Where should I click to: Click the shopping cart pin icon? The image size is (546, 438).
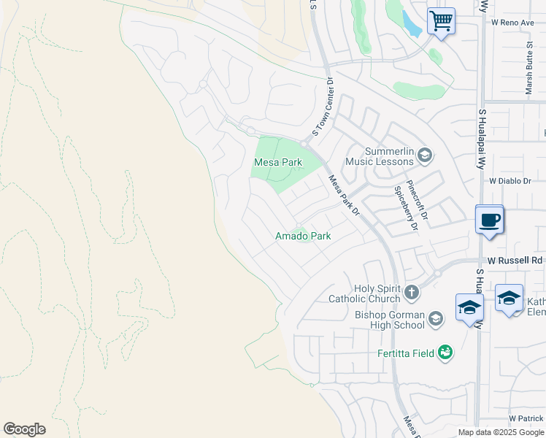(441, 20)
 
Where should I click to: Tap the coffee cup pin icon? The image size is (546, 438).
(489, 219)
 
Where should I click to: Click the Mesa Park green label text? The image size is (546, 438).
(278, 162)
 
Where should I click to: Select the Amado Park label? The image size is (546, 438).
(303, 236)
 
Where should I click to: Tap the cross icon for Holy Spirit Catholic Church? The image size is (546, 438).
(412, 293)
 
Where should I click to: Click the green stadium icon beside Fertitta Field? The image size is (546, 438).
(444, 353)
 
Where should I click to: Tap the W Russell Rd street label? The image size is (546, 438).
(515, 260)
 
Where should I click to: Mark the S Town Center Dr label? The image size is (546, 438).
(322, 107)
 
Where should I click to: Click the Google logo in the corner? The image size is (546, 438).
(24, 429)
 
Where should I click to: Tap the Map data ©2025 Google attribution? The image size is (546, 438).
(501, 432)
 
